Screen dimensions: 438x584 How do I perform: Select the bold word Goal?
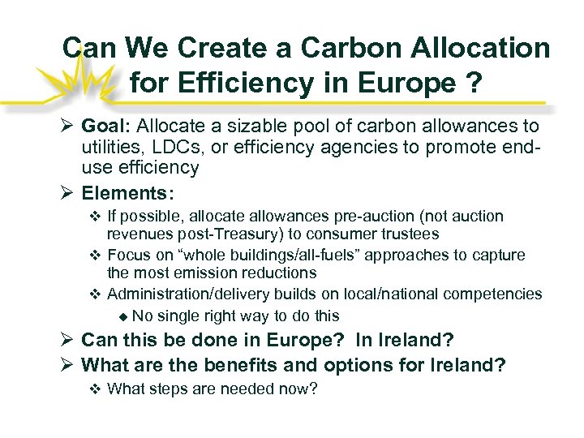pos(107,127)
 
